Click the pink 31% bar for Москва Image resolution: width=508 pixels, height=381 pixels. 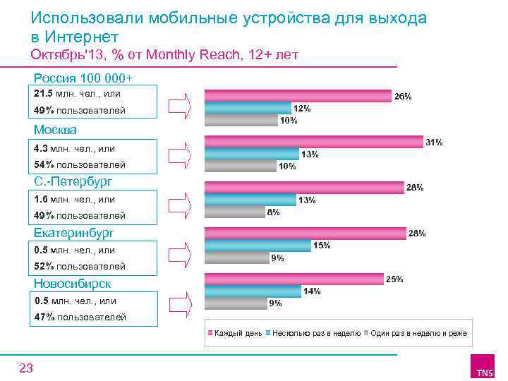pyautogui.click(x=314, y=142)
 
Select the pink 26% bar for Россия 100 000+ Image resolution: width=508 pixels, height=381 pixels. pyautogui.click(x=298, y=96)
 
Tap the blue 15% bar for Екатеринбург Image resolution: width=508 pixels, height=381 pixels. pyautogui.click(x=258, y=245)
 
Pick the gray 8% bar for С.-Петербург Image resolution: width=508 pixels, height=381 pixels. pyautogui.click(x=234, y=211)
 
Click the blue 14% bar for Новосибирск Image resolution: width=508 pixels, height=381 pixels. pyautogui.click(x=253, y=291)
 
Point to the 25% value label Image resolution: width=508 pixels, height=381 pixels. pyautogui.click(x=394, y=279)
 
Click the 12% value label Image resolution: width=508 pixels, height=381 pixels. pyautogui.click(x=302, y=109)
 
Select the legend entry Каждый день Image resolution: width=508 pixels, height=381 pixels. pyautogui.click(x=237, y=332)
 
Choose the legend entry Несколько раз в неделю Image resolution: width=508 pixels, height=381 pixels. pyautogui.click(x=316, y=332)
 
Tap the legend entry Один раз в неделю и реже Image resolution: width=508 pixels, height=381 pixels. pyautogui.click(x=418, y=332)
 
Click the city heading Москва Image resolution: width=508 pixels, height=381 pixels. pyautogui.click(x=55, y=131)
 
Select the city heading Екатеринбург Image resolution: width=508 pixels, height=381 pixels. pyautogui.click(x=73, y=232)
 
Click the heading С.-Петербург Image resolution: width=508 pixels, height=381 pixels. pyautogui.click(x=73, y=181)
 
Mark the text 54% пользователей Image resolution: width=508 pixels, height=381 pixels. pyautogui.click(x=80, y=164)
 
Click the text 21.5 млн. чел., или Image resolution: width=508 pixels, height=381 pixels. pyautogui.click(x=77, y=94)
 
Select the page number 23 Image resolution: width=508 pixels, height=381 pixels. pyautogui.click(x=26, y=367)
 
